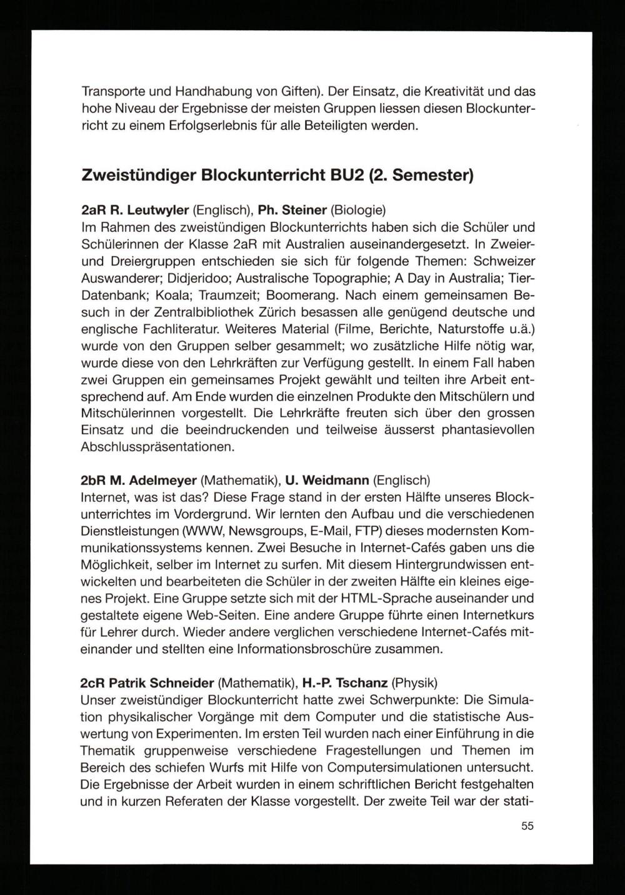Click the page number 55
pyautogui.click(x=527, y=826)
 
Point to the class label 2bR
pyautogui.click(x=93, y=481)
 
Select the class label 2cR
pyautogui.click(x=92, y=683)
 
